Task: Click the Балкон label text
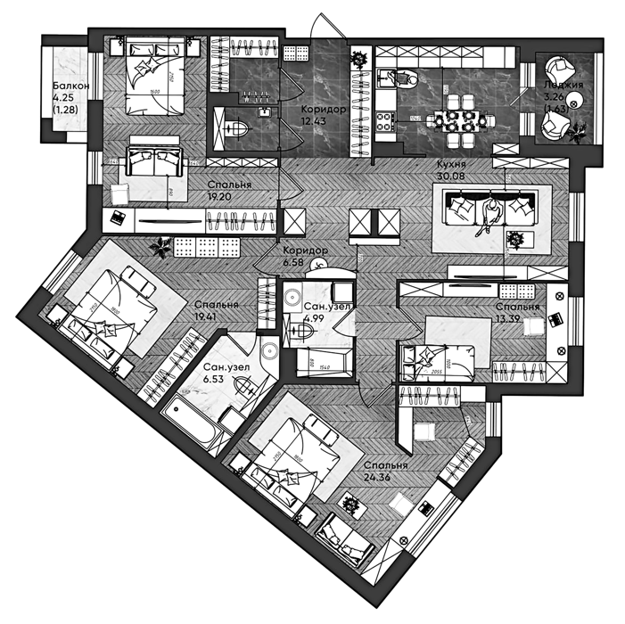pyautogui.click(x=69, y=86)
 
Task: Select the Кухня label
pyautogui.click(x=448, y=165)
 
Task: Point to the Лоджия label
pyautogui.click(x=563, y=86)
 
